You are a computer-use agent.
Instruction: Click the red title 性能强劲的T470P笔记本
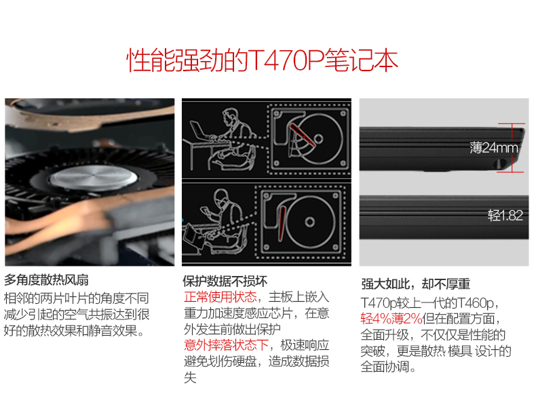click(x=262, y=60)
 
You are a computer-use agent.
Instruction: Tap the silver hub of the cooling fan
click(x=94, y=178)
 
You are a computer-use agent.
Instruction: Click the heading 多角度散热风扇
click(x=46, y=280)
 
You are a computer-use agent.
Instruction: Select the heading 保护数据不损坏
click(x=225, y=281)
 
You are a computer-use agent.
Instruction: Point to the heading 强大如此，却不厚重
click(x=416, y=284)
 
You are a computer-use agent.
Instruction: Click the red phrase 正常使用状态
click(x=221, y=297)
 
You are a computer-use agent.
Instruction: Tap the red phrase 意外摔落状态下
click(x=227, y=345)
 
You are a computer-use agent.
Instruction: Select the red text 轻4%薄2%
click(x=391, y=319)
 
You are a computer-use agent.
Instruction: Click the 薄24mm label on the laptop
click(x=494, y=148)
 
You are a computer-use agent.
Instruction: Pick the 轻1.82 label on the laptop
click(x=505, y=216)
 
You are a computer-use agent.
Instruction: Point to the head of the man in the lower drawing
click(x=221, y=199)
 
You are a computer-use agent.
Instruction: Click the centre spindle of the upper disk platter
click(x=318, y=139)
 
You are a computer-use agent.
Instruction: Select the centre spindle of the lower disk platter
click(x=309, y=222)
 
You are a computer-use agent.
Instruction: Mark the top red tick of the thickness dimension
click(x=512, y=123)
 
